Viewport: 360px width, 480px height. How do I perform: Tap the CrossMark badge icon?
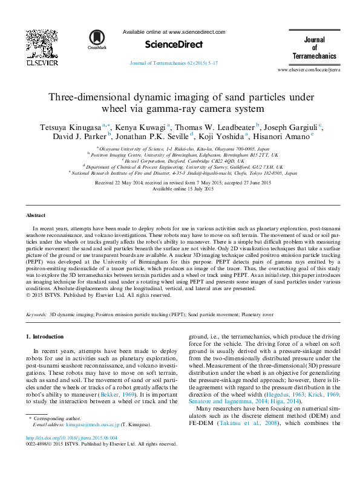(96, 38)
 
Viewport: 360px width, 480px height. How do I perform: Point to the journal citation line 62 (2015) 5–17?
(168, 63)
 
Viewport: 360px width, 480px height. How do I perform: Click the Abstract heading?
(35, 215)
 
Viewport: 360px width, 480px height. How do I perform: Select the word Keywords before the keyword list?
(36, 316)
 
